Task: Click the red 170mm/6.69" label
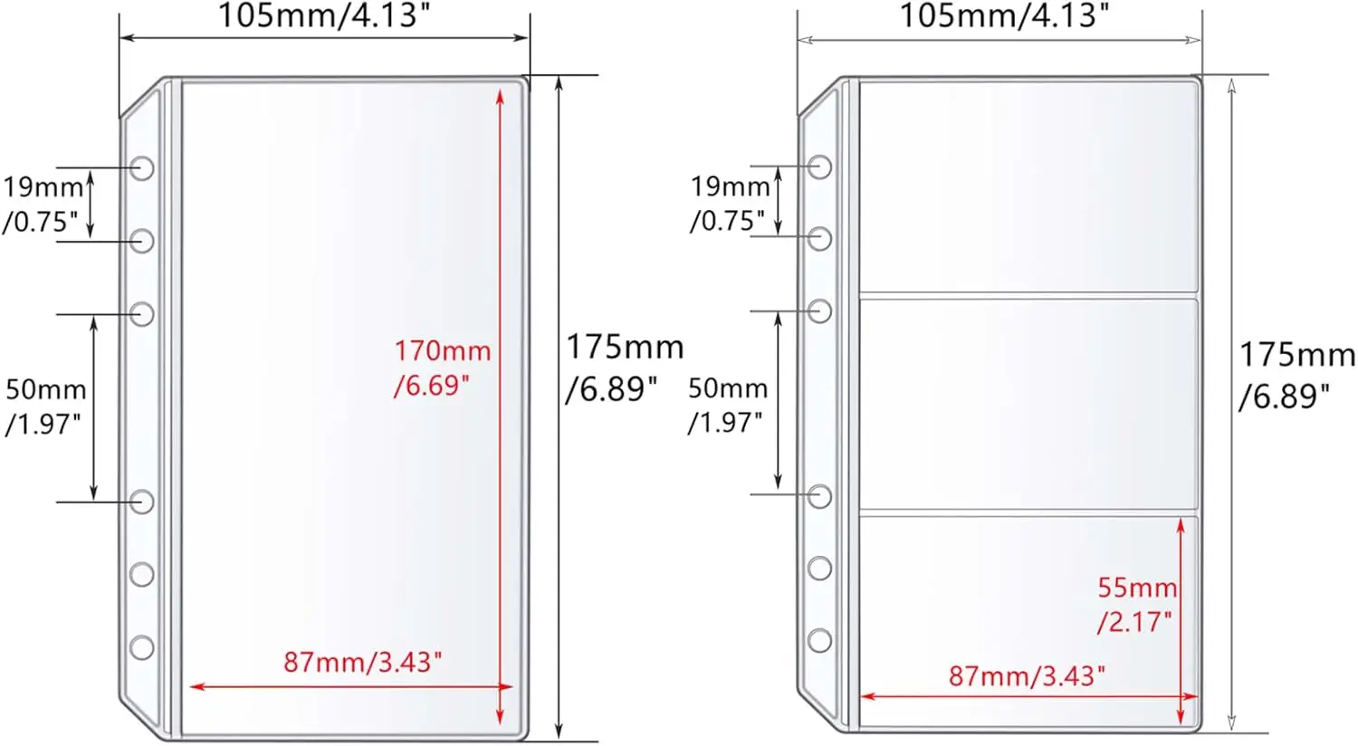tap(442, 368)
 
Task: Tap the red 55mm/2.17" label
tap(1137, 605)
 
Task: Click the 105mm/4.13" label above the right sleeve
tap(1004, 15)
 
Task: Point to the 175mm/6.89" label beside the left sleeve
tap(625, 368)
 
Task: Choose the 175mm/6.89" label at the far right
tap(1296, 375)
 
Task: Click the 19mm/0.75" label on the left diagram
tap(43, 205)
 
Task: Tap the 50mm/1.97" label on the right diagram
tap(728, 406)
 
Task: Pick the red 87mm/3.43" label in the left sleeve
tap(362, 662)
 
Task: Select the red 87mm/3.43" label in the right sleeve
tap(1027, 675)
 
